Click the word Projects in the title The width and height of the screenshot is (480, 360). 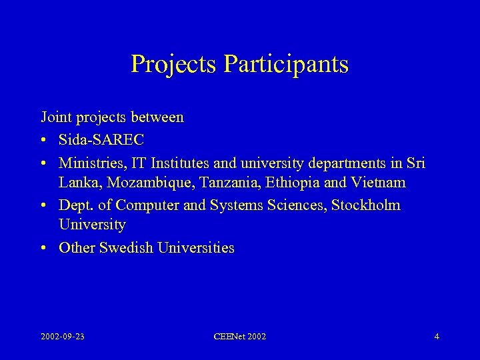pos(174,64)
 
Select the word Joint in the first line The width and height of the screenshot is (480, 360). pos(55,118)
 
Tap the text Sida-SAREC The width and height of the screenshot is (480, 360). pos(101,141)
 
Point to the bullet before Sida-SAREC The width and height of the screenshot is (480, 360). pos(43,141)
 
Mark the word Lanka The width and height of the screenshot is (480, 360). pos(77,182)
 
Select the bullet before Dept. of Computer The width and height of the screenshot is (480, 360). pos(43,206)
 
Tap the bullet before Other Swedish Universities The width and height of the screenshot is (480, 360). pos(43,249)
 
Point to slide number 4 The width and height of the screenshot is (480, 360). pos(437,337)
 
